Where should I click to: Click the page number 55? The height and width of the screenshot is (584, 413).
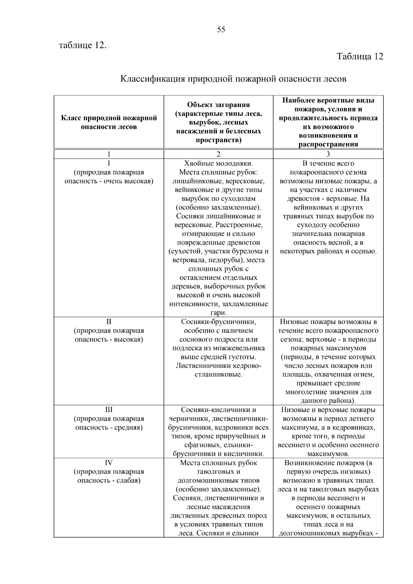pyautogui.click(x=221, y=30)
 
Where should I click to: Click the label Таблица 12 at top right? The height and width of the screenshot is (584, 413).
pyautogui.click(x=360, y=56)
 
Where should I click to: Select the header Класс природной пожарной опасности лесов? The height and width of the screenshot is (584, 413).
pyautogui.click(x=109, y=123)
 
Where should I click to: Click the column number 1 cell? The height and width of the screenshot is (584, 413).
pyautogui.click(x=109, y=154)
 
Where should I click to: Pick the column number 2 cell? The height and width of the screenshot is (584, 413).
pyautogui.click(x=218, y=154)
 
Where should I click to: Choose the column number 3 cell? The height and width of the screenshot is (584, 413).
pyautogui.click(x=328, y=154)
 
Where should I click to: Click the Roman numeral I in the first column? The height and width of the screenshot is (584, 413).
pyautogui.click(x=109, y=163)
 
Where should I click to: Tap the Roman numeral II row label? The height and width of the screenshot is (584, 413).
pyautogui.click(x=109, y=322)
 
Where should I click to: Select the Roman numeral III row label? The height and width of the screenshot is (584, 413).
pyautogui.click(x=109, y=410)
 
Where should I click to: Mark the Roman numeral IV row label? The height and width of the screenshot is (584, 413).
pyautogui.click(x=109, y=463)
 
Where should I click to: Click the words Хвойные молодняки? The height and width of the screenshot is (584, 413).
pyautogui.click(x=218, y=163)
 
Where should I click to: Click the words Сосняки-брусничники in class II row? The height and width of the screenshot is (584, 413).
pyautogui.click(x=218, y=322)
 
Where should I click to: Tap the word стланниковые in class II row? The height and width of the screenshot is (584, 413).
pyautogui.click(x=218, y=374)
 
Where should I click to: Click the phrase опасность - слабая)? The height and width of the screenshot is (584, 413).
pyautogui.click(x=109, y=480)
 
